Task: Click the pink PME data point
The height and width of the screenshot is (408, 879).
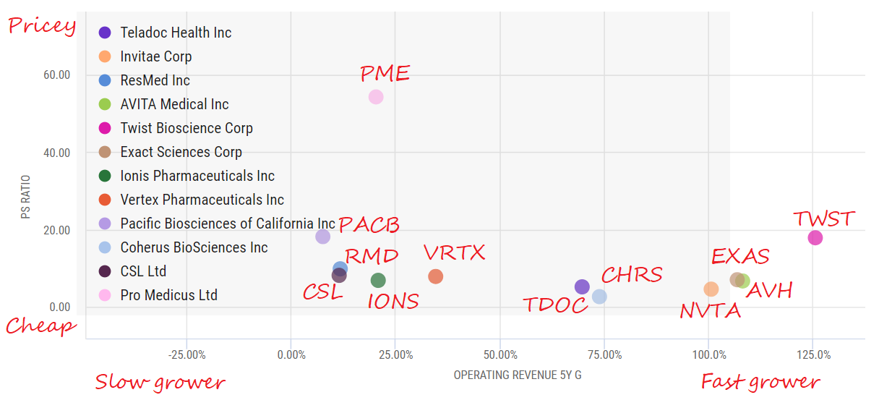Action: (x=375, y=97)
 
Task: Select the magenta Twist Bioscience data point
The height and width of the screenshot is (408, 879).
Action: (x=815, y=238)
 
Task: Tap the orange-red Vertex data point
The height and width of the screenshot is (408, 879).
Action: (x=435, y=276)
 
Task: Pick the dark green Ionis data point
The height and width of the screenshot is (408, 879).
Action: (x=378, y=280)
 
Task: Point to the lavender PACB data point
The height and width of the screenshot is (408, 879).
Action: (x=323, y=237)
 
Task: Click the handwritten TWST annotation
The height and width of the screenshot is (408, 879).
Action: (x=823, y=218)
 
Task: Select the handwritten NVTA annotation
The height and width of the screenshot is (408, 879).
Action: (x=710, y=311)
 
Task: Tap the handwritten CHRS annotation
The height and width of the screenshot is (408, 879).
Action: (x=631, y=275)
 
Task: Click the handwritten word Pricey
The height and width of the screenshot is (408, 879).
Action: (x=41, y=27)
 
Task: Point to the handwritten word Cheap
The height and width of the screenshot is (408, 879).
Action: (x=40, y=326)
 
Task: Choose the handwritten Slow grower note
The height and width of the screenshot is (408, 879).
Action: (x=160, y=382)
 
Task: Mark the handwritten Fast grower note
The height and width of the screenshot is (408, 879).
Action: (x=760, y=382)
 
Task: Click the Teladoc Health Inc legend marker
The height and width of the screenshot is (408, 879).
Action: (x=105, y=33)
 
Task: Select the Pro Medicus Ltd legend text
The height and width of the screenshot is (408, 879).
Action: (x=168, y=295)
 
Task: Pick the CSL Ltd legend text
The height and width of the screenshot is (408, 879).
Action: (x=143, y=271)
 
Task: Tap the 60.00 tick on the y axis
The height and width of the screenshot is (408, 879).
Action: (x=56, y=75)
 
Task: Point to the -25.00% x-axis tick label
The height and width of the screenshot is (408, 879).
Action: (x=186, y=355)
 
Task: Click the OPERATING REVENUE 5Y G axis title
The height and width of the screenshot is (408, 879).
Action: (x=518, y=375)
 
